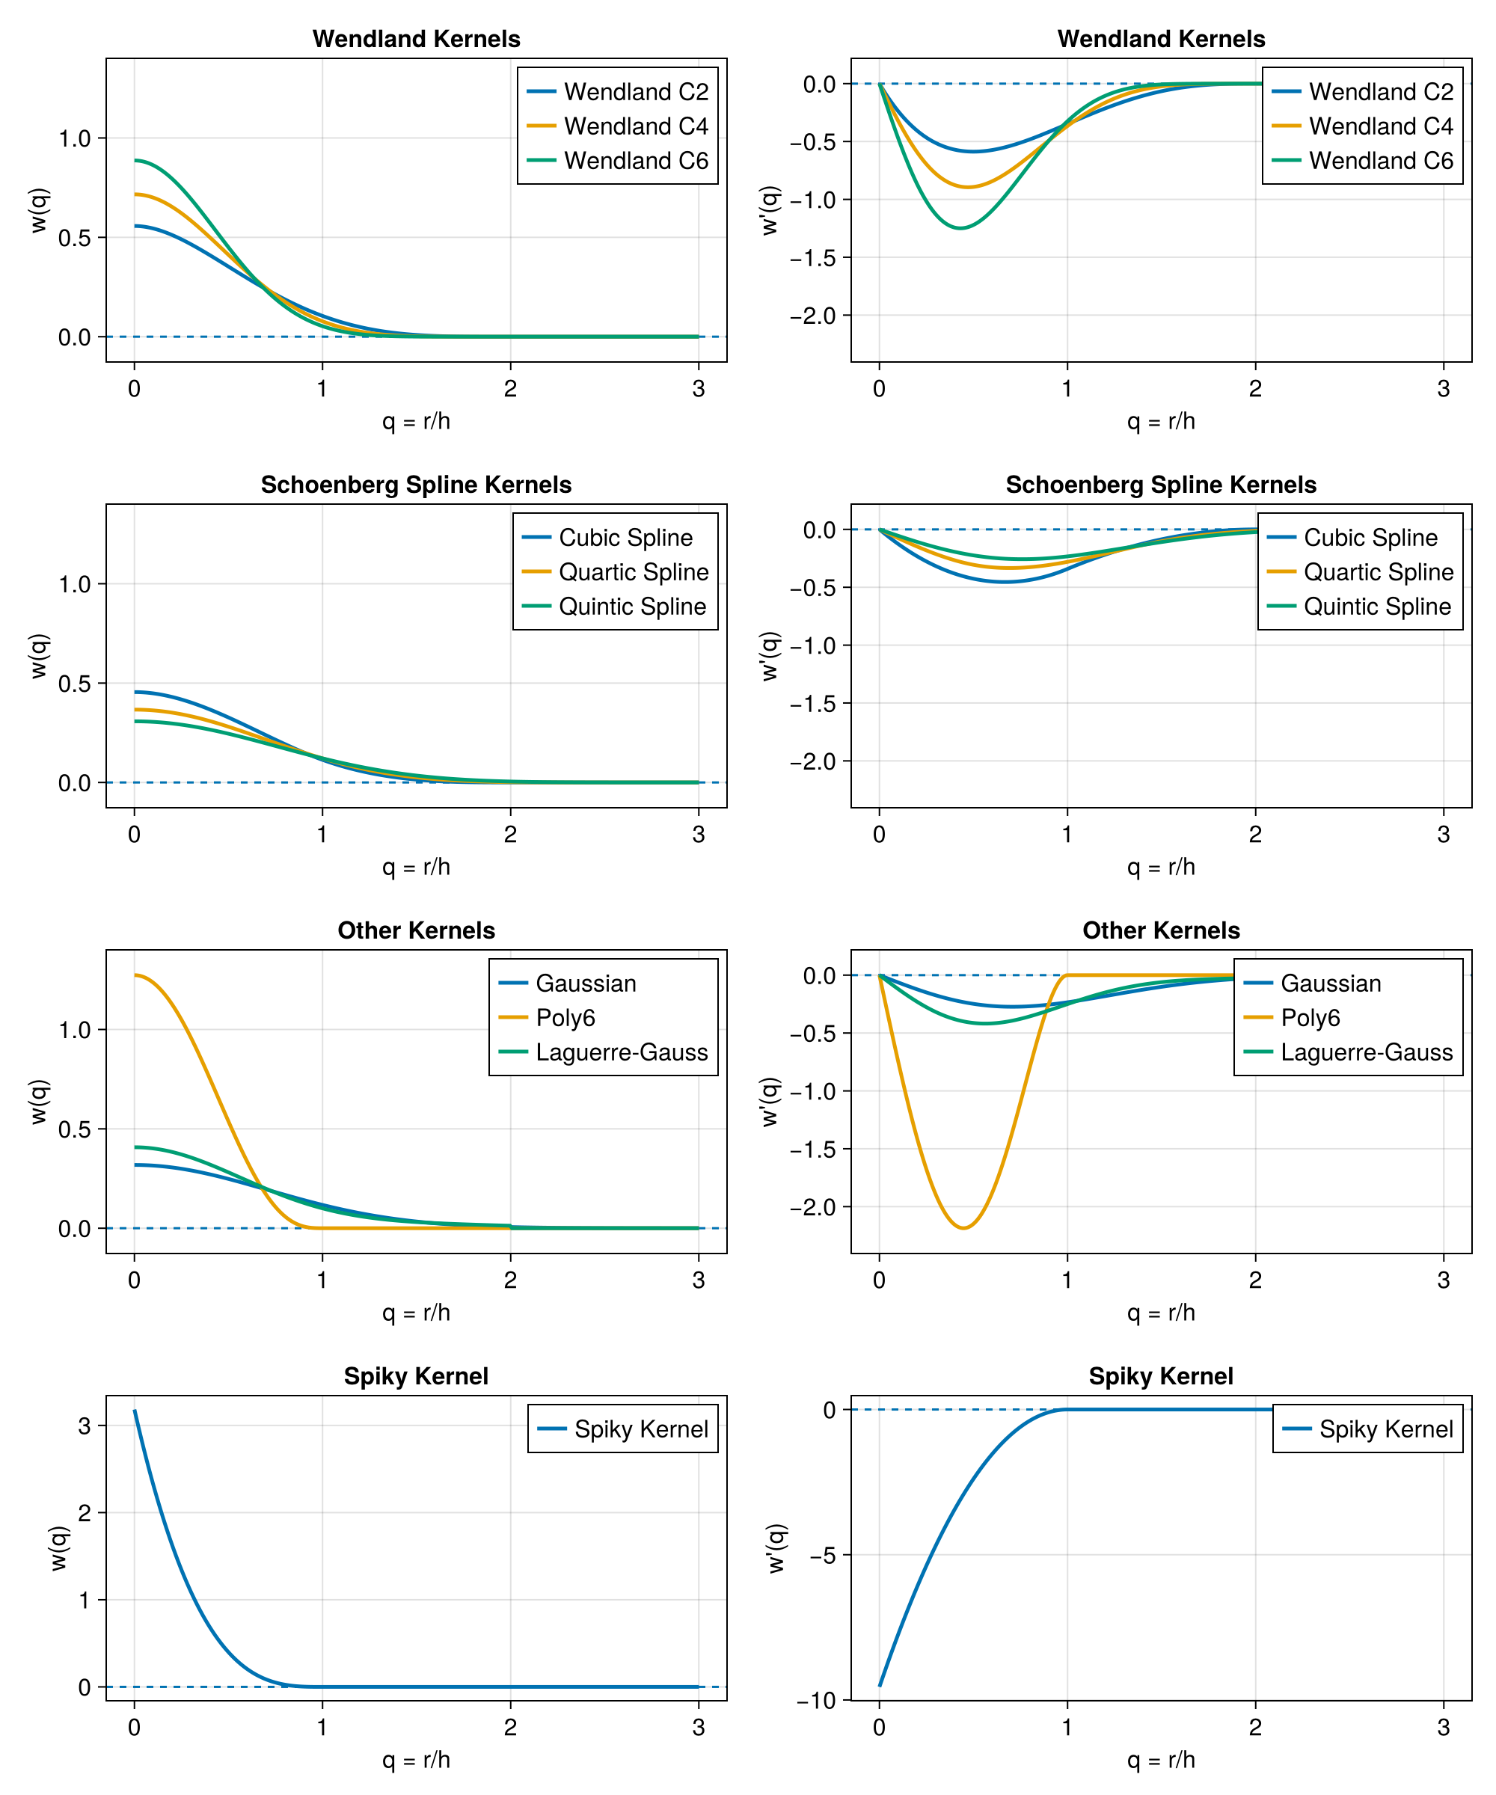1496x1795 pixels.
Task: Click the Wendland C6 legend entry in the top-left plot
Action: pos(635,161)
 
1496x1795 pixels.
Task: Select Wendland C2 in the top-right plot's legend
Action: pos(1380,91)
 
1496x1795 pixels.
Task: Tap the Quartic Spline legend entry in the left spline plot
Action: pos(633,572)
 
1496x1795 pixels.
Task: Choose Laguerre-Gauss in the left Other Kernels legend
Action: pos(622,1052)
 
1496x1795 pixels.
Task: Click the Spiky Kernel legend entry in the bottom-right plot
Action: pos(1385,1429)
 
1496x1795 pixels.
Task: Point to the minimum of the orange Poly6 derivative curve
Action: pos(963,1228)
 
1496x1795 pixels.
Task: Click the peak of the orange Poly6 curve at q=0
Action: pos(136,975)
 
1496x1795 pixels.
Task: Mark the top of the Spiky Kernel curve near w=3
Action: pos(135,1411)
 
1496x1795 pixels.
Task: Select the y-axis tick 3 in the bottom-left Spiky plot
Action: pos(84,1426)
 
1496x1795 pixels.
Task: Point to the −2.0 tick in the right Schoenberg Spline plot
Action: pos(812,761)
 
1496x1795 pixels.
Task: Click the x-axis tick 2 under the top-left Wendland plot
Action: pos(510,389)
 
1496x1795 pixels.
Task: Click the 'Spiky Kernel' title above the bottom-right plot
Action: pos(1160,1376)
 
